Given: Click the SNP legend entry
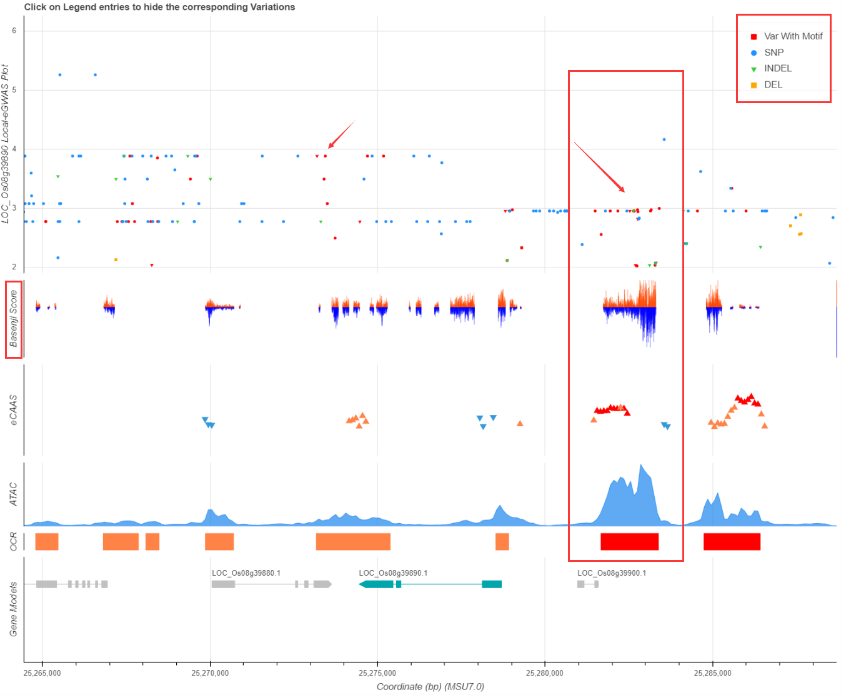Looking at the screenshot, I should [x=774, y=52].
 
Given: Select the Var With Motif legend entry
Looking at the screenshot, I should [x=793, y=36].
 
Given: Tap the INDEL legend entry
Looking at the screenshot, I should [x=777, y=69].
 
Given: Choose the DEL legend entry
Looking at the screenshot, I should [x=773, y=85].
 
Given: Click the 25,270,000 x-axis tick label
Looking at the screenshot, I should [x=210, y=673].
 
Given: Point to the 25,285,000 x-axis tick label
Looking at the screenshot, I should [x=712, y=673].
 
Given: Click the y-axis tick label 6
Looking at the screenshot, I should [x=14, y=31].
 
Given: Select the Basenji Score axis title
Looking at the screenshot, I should [x=14, y=319].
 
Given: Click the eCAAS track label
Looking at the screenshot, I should [x=14, y=410].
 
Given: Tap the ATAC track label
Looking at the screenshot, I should [x=14, y=494].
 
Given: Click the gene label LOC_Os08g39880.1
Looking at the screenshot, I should [x=246, y=573].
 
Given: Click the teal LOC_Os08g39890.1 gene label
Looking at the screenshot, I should [x=393, y=573].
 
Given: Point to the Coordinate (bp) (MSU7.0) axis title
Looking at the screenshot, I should [x=430, y=687].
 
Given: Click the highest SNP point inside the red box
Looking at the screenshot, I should [x=664, y=139].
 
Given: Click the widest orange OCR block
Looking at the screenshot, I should [x=353, y=542].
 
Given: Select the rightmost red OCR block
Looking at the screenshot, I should [x=732, y=542].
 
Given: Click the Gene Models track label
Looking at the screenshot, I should [x=14, y=609].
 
